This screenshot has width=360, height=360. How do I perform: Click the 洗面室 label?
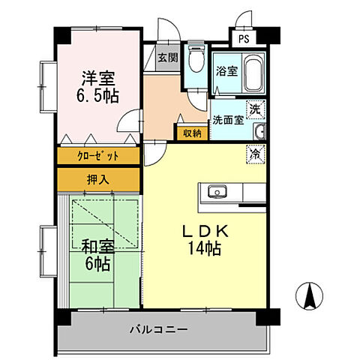click(226, 119)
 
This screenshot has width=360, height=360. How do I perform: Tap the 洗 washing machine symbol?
click(256, 109)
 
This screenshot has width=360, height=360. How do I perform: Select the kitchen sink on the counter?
click(217, 190)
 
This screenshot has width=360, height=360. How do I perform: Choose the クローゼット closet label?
click(98, 157)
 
